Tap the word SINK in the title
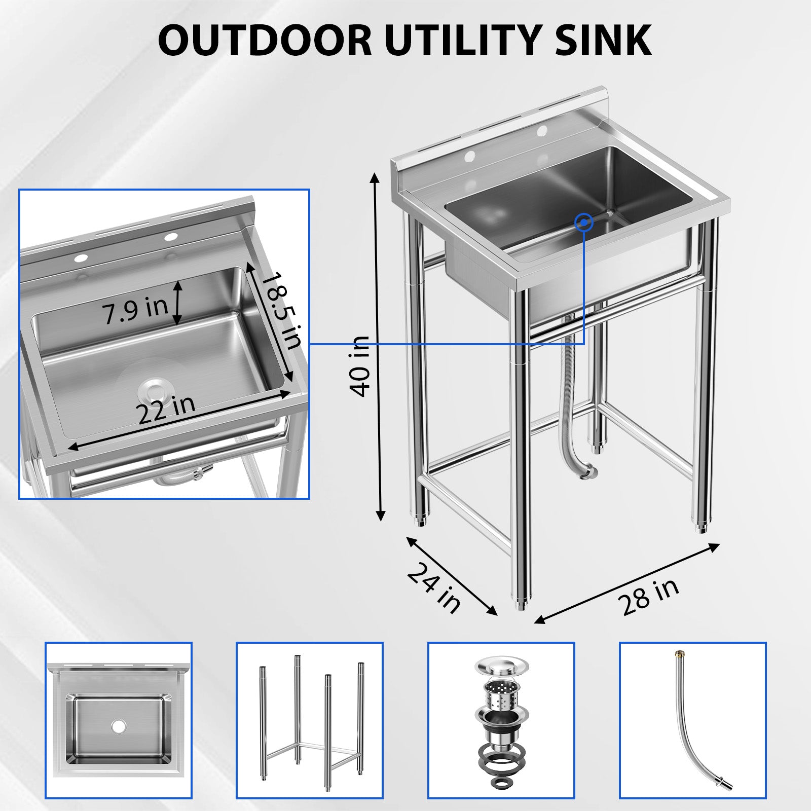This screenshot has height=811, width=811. click(603, 40)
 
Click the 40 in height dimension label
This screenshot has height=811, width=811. click(360, 366)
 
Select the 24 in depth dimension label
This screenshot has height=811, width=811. click(434, 587)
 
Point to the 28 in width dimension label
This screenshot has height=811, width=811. click(647, 597)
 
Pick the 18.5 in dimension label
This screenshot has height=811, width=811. click(282, 310)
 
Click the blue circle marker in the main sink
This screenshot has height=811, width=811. click(584, 222)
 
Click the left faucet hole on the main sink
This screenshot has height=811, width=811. click(470, 155)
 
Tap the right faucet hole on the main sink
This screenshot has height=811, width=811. click(541, 131)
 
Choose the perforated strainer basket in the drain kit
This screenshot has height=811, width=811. click(501, 694)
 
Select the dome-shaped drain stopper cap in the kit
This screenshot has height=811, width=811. click(501, 665)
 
